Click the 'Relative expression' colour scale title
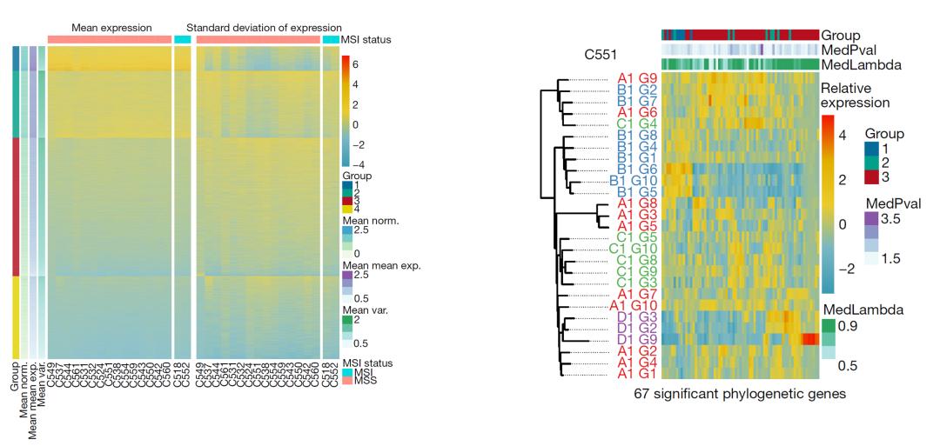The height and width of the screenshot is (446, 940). click(853, 96)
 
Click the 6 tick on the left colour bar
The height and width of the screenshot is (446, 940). click(356, 64)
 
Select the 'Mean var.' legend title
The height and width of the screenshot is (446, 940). click(364, 309)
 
